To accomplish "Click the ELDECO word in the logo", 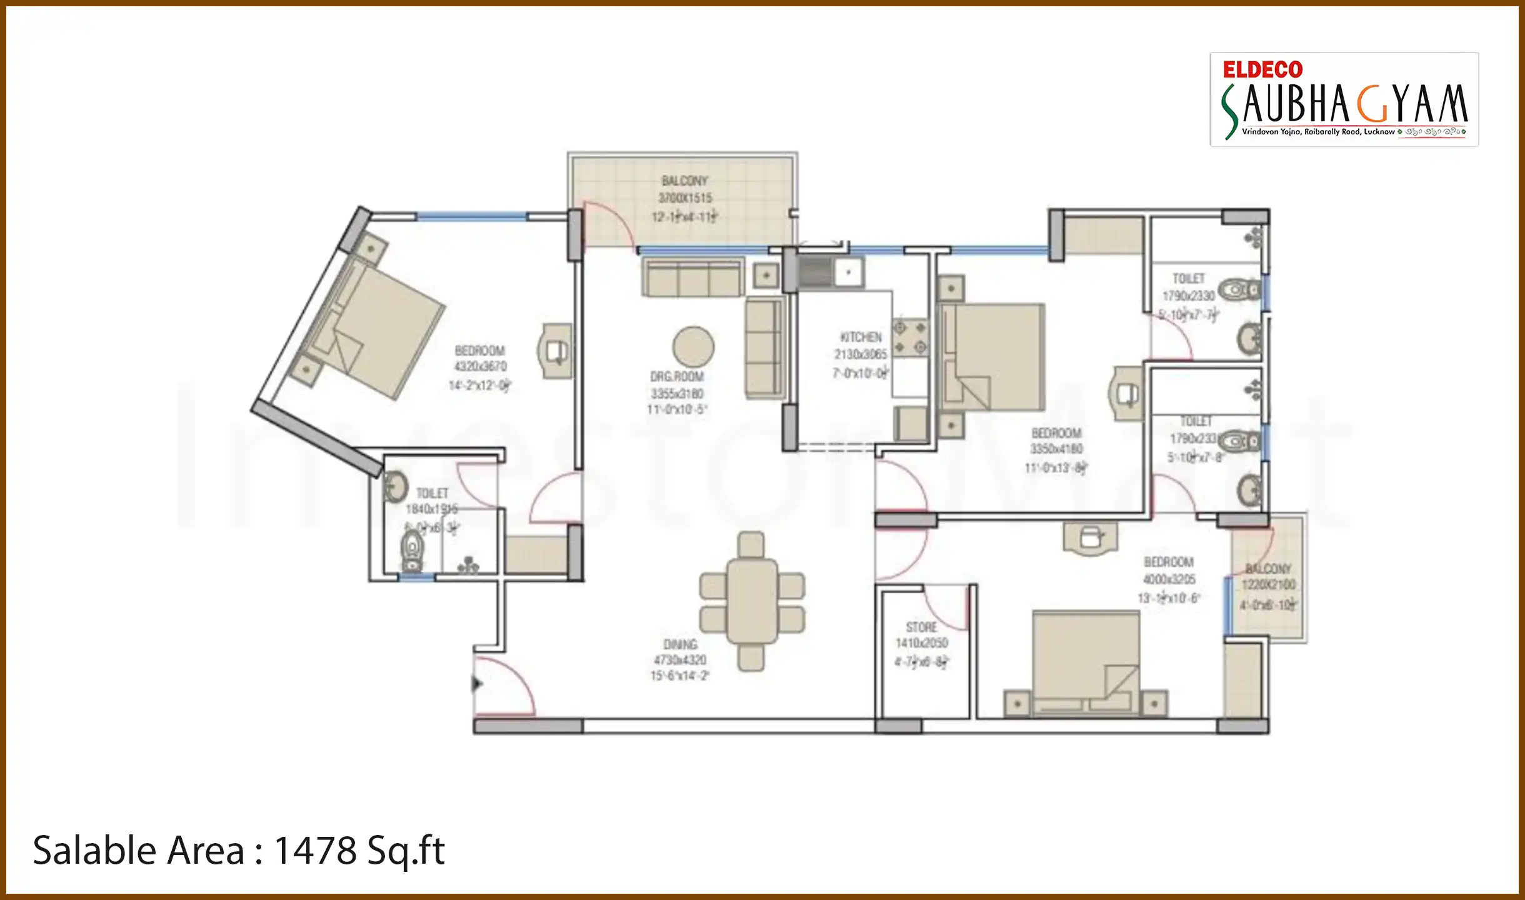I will coord(1262,69).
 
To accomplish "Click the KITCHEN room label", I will coord(861,337).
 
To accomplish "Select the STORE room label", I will coord(921,627).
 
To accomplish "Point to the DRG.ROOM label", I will coord(677,377).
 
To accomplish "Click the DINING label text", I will coord(680,644).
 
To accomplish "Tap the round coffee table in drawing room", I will coord(693,347).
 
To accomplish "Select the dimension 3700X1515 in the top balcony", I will coord(685,198).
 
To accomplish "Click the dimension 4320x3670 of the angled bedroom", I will coord(480,367).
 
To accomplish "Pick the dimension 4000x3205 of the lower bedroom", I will coord(1169,579).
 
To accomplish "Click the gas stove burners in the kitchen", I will coord(910,337).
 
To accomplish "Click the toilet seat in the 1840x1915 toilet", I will coord(412,549).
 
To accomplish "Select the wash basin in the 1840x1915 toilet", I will coord(395,487).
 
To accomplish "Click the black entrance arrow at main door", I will coord(477,684).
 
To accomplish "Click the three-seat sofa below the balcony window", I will coord(692,279).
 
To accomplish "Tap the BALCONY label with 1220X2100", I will coord(1267,569).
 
